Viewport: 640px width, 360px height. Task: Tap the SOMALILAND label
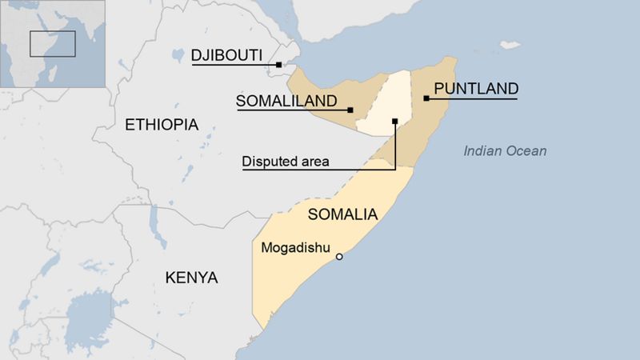coord(286,101)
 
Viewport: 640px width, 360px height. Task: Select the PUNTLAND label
coord(475,89)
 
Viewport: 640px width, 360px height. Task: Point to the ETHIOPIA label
coord(162,125)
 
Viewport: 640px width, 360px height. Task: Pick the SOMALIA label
coord(342,214)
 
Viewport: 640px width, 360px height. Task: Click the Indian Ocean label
coord(506,150)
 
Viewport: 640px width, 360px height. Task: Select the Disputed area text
coord(286,162)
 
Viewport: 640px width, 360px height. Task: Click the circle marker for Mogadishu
coord(339,257)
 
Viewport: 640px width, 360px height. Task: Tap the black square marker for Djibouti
coord(278,65)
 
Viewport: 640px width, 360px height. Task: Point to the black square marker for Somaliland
coord(350,110)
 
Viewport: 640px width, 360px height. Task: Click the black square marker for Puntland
coord(426,98)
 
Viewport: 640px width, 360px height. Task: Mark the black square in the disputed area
coord(395,122)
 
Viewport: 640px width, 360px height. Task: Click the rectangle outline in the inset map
coord(52,43)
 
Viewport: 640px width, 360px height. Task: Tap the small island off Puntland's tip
coord(510,45)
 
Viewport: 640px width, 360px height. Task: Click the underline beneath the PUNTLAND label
coord(472,98)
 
